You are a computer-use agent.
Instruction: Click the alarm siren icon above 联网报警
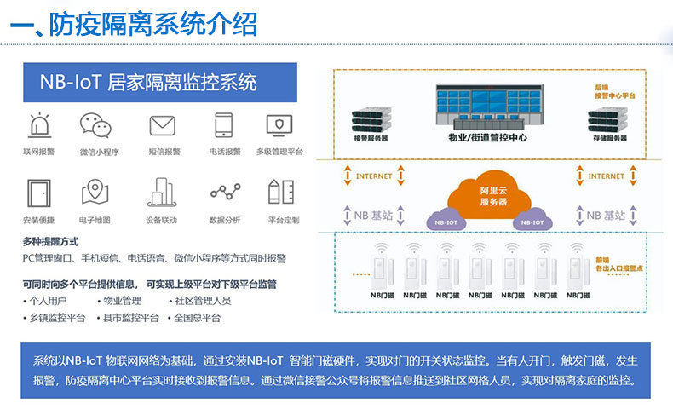tap(39, 124)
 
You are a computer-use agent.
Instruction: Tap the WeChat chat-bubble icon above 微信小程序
tap(95, 124)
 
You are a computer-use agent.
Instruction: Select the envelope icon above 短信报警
tap(163, 125)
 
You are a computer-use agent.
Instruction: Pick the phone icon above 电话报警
tap(224, 124)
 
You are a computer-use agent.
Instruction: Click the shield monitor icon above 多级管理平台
tap(279, 124)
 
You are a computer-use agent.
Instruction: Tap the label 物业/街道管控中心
tap(486, 137)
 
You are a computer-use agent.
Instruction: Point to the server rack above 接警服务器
tap(371, 117)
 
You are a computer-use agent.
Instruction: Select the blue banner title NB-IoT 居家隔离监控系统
tap(148, 83)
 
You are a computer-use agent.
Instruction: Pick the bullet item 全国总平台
tap(197, 318)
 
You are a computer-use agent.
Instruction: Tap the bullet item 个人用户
tap(48, 301)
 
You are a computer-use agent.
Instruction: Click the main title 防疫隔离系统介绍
tap(152, 23)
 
